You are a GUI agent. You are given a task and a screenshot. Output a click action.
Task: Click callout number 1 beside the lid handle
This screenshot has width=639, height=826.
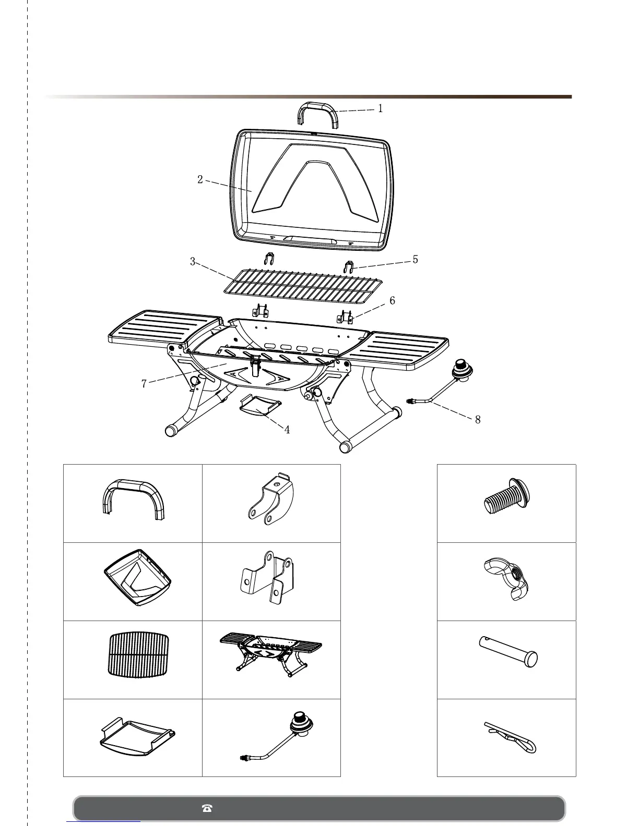click(381, 108)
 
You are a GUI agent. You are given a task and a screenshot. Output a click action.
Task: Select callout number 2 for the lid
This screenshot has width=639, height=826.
click(200, 179)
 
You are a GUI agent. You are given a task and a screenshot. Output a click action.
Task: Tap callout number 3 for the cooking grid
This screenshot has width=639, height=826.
click(193, 262)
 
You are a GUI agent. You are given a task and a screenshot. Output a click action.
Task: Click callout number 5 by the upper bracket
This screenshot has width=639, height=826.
click(415, 259)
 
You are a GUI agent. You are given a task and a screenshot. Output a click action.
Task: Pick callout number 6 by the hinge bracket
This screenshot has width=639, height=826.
click(392, 300)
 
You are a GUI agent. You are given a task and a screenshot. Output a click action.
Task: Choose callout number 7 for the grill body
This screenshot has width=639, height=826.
click(144, 384)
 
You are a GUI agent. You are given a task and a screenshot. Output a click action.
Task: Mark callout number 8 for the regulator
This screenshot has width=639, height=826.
click(478, 419)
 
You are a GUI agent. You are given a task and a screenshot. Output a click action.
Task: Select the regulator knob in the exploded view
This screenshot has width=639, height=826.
click(462, 369)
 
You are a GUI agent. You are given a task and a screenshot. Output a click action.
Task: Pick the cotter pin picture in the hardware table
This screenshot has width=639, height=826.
click(509, 736)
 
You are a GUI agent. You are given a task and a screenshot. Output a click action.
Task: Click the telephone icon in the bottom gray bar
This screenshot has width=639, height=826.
click(207, 808)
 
